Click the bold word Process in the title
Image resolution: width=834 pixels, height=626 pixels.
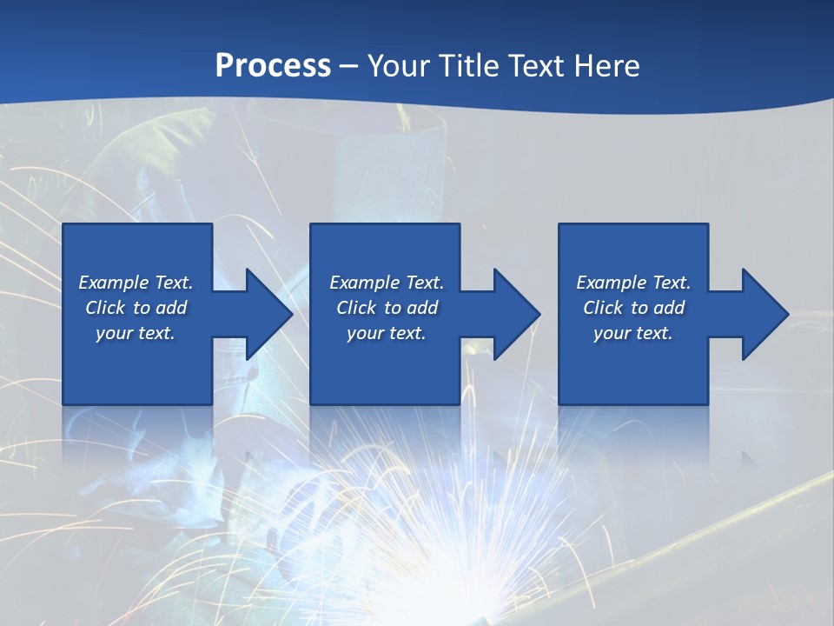(x=273, y=66)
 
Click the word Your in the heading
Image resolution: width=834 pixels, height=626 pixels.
(x=399, y=66)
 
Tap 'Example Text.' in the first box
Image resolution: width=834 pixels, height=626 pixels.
(x=136, y=283)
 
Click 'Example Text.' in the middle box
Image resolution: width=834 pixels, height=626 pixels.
(x=387, y=283)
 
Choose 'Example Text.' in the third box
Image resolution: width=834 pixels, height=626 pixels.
(x=633, y=283)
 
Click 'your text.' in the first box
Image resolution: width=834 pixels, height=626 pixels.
(x=136, y=333)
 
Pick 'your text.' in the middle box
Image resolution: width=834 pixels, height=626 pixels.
(x=387, y=333)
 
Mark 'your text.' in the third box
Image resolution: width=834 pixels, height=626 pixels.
(x=633, y=333)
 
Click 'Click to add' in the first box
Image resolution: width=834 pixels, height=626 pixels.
(x=136, y=308)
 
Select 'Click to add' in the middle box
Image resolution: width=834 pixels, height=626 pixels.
(x=387, y=308)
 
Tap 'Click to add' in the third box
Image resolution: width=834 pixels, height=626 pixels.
(x=633, y=308)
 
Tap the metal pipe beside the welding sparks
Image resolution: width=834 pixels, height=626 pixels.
(x=695, y=539)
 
